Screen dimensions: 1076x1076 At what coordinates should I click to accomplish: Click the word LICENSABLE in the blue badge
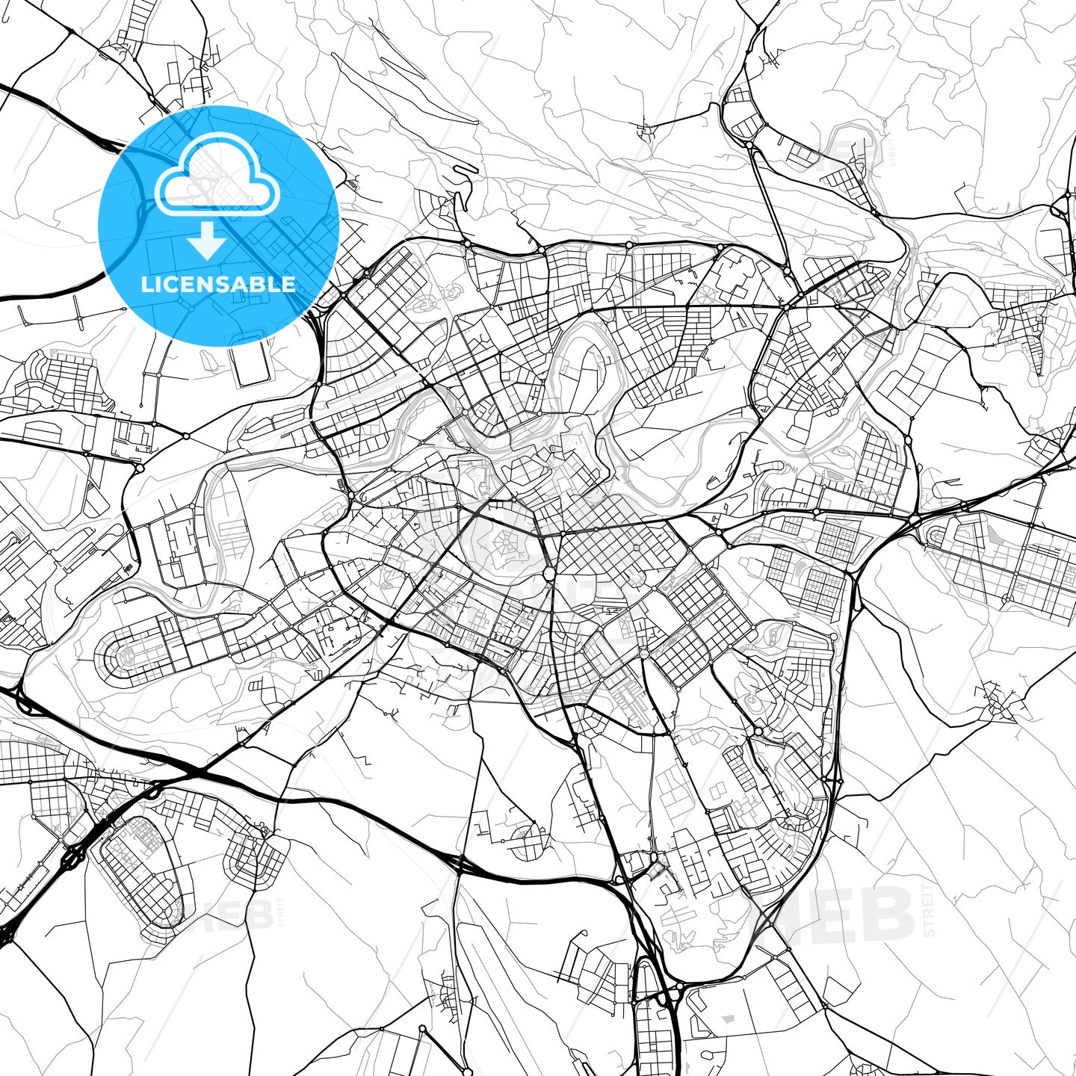pos(218,284)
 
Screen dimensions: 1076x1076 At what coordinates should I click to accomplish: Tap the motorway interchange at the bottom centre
pos(658,994)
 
